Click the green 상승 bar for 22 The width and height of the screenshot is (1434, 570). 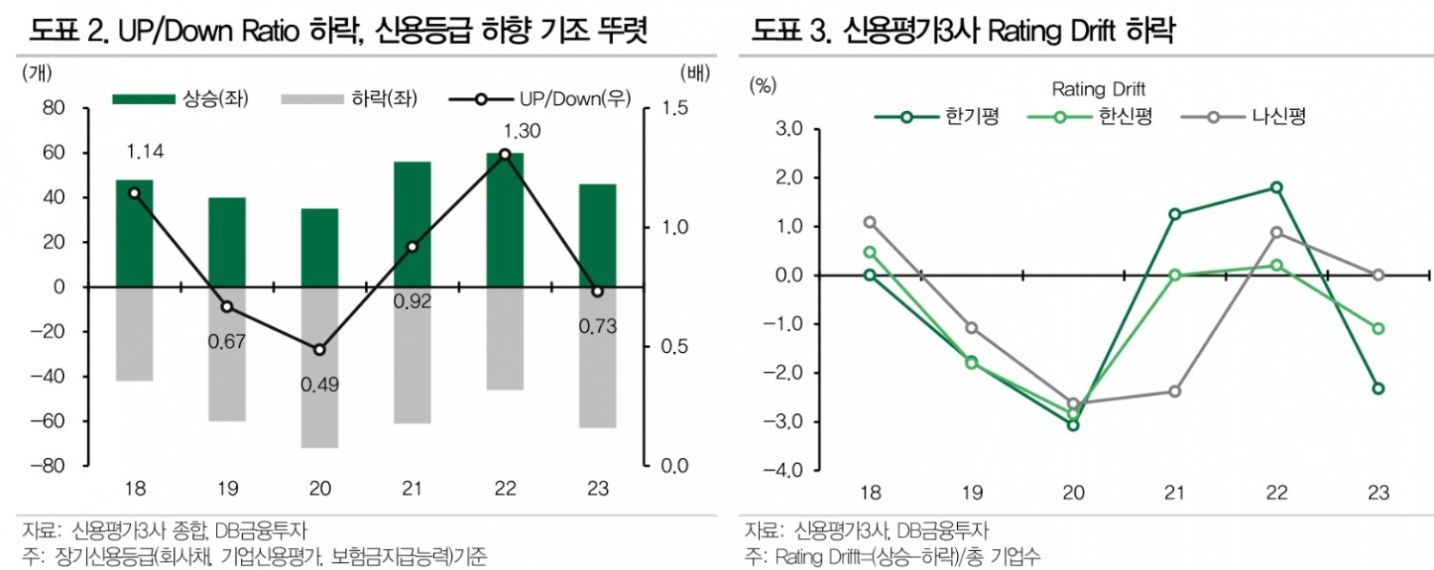click(505, 220)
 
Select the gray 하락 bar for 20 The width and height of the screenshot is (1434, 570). click(319, 367)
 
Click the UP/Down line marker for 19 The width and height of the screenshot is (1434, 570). click(227, 307)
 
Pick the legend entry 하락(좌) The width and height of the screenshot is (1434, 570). click(351, 99)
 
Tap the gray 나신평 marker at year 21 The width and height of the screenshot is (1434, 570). click(1174, 391)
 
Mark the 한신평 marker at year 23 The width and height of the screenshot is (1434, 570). click(1378, 329)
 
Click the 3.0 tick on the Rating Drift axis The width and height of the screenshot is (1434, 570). click(791, 129)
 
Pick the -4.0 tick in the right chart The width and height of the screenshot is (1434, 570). click(787, 471)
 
